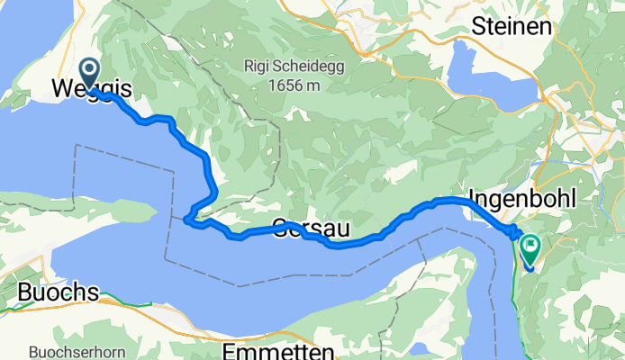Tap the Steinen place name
[x=511, y=27]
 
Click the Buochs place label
[x=58, y=293]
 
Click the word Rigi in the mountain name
[x=258, y=66]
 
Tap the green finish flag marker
[x=530, y=244]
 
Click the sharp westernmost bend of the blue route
[x=186, y=217]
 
